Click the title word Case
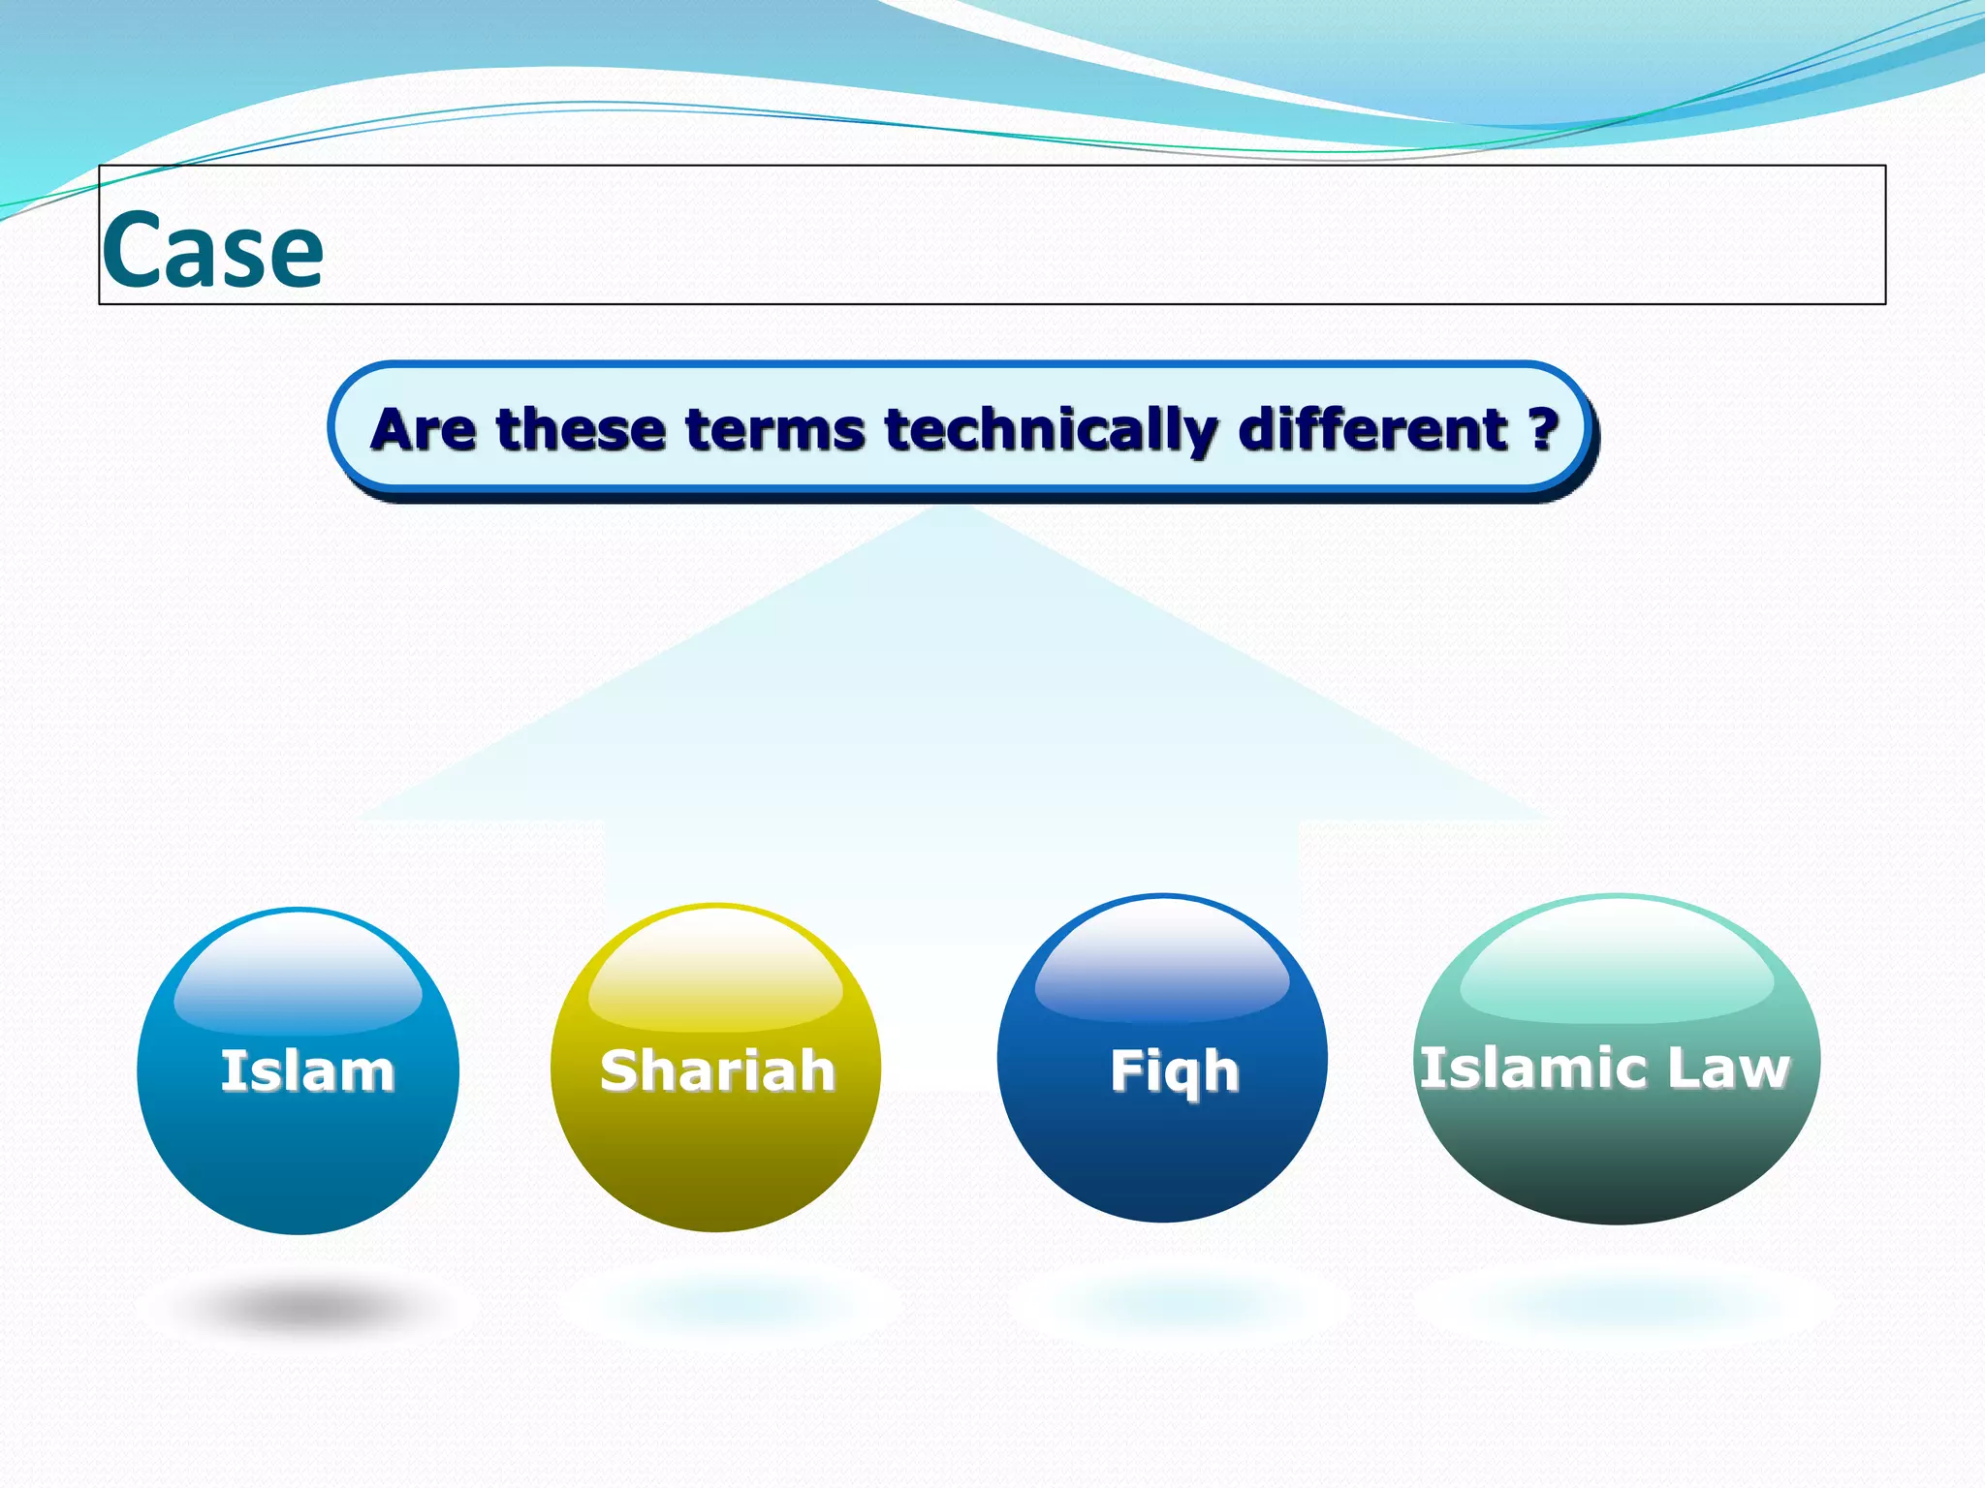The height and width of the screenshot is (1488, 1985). [x=212, y=251]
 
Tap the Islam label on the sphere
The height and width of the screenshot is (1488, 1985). [x=307, y=1071]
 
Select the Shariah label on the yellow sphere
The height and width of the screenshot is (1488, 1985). [x=717, y=1070]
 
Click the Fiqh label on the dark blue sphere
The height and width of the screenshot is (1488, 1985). [x=1174, y=1071]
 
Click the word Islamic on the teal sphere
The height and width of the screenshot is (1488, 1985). [x=1525, y=1068]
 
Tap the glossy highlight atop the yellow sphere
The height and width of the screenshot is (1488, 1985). [x=715, y=974]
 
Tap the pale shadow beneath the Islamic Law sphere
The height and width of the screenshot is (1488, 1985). [x=1624, y=1303]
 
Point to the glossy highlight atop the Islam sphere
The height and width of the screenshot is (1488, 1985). [x=298, y=978]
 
